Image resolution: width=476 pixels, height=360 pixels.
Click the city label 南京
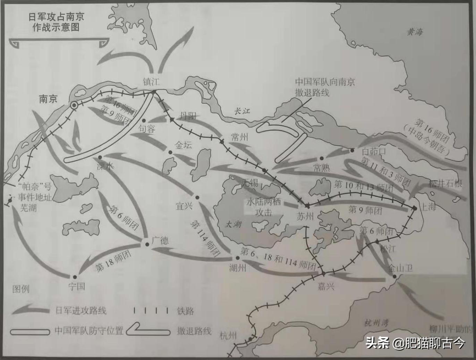click(48, 99)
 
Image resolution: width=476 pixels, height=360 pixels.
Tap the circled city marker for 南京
click(74, 105)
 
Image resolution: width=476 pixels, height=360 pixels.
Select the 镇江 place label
click(151, 82)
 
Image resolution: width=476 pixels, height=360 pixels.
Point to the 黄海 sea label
click(415, 32)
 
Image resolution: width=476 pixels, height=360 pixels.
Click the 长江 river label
click(241, 111)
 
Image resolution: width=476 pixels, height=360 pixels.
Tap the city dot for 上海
click(415, 208)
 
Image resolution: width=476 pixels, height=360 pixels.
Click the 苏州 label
click(305, 217)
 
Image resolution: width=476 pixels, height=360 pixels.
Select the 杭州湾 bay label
click(376, 323)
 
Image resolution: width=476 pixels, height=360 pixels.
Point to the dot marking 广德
click(147, 244)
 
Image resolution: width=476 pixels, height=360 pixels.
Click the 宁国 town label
click(76, 286)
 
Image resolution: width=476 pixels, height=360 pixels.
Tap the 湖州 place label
click(238, 268)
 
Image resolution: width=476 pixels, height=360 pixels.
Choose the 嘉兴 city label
click(326, 286)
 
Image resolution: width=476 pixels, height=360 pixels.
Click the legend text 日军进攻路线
click(81, 310)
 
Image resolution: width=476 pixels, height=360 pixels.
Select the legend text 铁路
click(185, 311)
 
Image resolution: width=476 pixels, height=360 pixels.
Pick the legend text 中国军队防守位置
click(89, 330)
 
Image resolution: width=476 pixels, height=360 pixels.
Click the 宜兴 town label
click(184, 206)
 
